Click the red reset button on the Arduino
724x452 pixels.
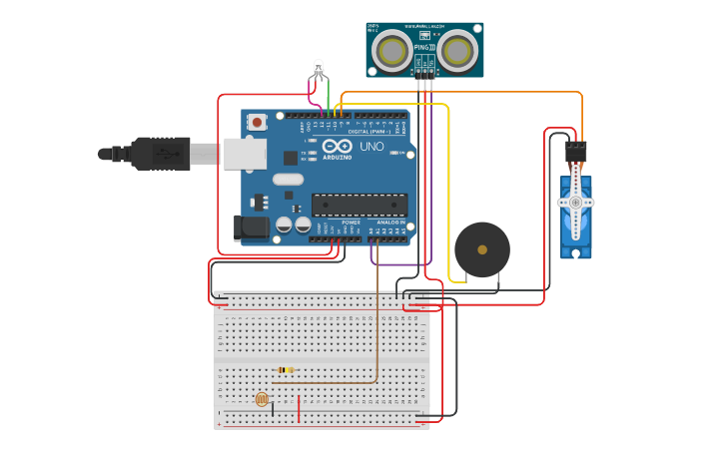(x=258, y=123)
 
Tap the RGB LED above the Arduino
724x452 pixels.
(x=319, y=69)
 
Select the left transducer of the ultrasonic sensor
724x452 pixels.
(x=393, y=50)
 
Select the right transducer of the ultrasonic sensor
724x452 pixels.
(x=457, y=50)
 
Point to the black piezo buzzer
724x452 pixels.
(x=481, y=249)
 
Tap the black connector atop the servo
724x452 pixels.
(x=575, y=152)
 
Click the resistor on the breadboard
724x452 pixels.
(x=285, y=370)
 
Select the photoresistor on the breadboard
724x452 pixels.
(x=262, y=399)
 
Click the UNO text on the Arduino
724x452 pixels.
(x=371, y=147)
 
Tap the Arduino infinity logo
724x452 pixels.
(x=337, y=147)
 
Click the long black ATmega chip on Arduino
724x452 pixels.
(x=360, y=206)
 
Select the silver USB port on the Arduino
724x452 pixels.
(x=245, y=154)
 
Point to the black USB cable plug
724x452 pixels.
(x=160, y=154)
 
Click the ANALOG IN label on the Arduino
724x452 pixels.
(x=389, y=223)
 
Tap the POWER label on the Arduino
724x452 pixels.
(x=351, y=223)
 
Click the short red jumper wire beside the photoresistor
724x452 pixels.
(x=298, y=408)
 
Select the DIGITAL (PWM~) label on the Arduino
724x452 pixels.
(x=370, y=131)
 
